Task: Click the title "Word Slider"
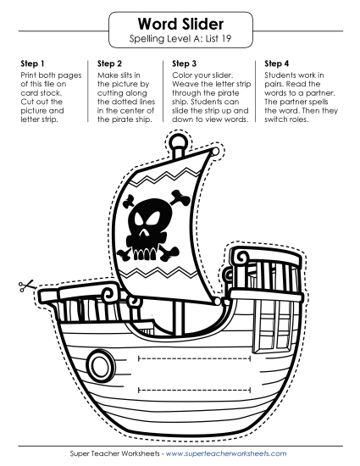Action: (x=180, y=24)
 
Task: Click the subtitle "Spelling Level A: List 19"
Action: (x=180, y=39)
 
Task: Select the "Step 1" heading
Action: (x=32, y=64)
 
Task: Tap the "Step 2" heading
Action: (x=109, y=64)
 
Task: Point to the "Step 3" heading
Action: (x=184, y=64)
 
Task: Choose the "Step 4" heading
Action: (x=276, y=64)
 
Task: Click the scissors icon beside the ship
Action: (x=26, y=286)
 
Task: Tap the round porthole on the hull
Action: (x=99, y=365)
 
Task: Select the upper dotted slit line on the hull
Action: (x=195, y=358)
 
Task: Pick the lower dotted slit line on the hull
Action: (x=195, y=390)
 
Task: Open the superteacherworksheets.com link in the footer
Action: (x=226, y=453)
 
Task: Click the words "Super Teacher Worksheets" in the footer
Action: (x=114, y=453)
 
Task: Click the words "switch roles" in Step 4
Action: (x=286, y=119)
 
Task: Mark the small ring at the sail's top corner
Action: (x=215, y=152)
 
